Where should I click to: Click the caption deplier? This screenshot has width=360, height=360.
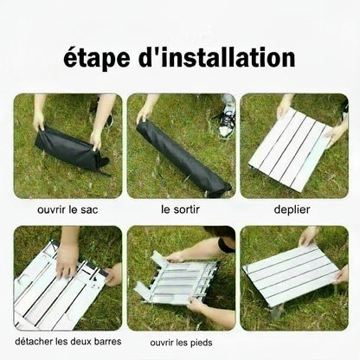pos(292,209)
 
